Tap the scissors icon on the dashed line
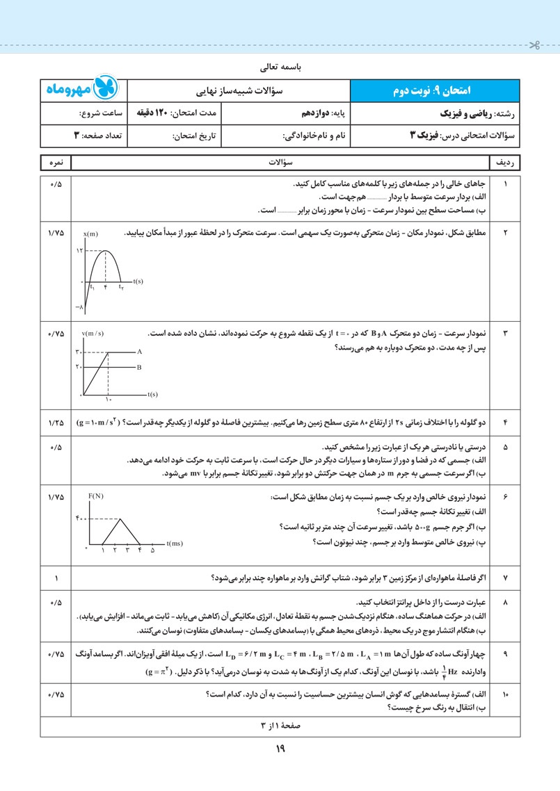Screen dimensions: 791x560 pyautogui.click(x=534, y=47)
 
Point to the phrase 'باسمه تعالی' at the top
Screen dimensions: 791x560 pyautogui.click(x=280, y=69)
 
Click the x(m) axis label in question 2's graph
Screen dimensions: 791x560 pyautogui.click(x=90, y=234)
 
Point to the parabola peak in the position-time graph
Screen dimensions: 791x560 pyautogui.click(x=106, y=250)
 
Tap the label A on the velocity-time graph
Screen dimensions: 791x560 pyautogui.click(x=139, y=352)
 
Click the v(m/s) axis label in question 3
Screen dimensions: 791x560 pyautogui.click(x=93, y=334)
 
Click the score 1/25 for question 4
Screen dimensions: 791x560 pyautogui.click(x=56, y=423)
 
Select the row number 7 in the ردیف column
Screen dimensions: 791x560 pyautogui.click(x=505, y=578)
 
